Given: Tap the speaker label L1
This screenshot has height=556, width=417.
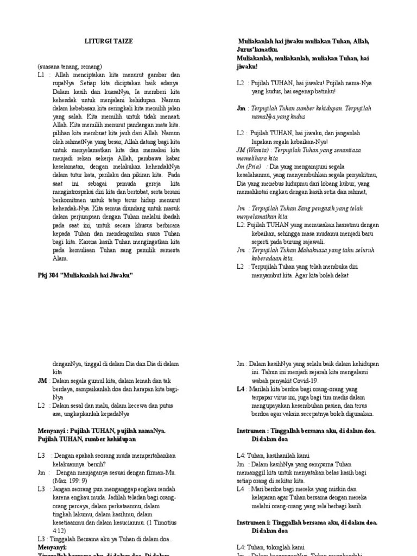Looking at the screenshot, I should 41,75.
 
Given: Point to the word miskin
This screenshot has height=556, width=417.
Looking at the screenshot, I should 339,489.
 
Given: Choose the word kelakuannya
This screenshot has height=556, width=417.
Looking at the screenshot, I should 70,464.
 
